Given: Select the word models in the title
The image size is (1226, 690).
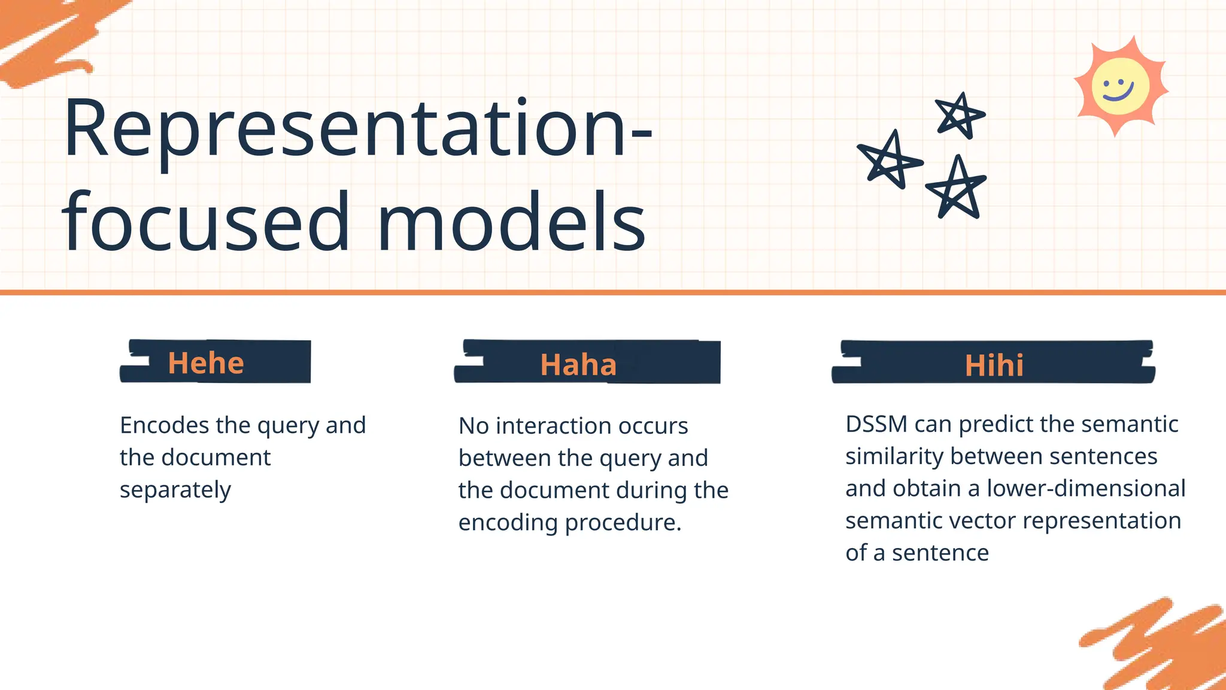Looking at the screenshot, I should (512, 222).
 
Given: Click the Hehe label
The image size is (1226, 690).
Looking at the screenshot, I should (206, 363).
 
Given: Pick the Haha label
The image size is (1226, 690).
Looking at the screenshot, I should (578, 365).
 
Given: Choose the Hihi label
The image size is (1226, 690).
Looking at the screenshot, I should (994, 365).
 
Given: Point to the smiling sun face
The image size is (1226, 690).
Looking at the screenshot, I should (1120, 87).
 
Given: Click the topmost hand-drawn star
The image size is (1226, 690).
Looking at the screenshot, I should (960, 115).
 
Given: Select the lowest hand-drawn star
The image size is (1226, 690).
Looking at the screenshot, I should (957, 189).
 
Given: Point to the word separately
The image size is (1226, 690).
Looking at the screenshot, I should (175, 490).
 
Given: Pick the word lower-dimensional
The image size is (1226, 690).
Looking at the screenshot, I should (1085, 488).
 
